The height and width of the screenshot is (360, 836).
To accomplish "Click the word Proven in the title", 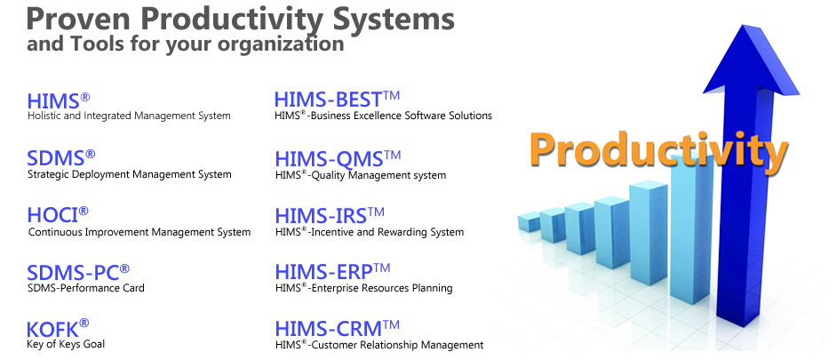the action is click(x=79, y=19).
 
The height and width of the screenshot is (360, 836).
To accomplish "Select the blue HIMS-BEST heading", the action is click(x=329, y=100).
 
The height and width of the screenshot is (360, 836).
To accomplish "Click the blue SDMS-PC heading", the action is click(x=73, y=273).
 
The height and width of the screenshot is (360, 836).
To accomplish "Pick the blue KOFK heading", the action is click(x=52, y=330).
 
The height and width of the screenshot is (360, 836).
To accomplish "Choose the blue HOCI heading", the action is click(x=52, y=215).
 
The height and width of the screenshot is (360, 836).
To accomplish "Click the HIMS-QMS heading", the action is click(x=329, y=159).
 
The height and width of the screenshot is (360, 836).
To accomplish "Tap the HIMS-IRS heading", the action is click(x=321, y=216).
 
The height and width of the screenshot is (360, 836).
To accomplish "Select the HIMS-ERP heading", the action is click(x=323, y=272).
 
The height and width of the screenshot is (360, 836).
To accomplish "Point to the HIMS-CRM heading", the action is click(x=329, y=328).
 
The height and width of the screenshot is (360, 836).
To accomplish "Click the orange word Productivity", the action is click(x=658, y=151).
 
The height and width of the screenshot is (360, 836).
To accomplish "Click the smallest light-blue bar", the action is click(x=529, y=221).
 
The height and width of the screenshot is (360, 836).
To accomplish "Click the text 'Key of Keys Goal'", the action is click(x=66, y=344).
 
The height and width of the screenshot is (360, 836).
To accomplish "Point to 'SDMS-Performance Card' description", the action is click(x=86, y=288).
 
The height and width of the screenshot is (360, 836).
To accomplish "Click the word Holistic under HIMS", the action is click(x=44, y=116).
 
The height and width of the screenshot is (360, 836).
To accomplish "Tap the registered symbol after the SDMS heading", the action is click(x=90, y=154).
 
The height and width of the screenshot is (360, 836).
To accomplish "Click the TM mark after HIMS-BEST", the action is click(x=391, y=96).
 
